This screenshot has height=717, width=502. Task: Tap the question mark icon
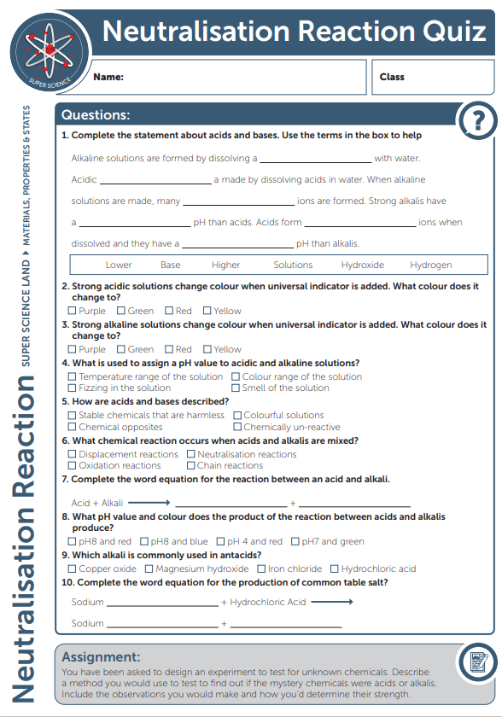coord(476,121)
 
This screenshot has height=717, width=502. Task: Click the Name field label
coord(108,77)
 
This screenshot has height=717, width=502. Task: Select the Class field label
coord(392,77)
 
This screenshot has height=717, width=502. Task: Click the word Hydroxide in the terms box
coord(362,265)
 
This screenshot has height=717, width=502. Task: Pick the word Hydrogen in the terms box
coord(430,265)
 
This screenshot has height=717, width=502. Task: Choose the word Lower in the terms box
coord(119,265)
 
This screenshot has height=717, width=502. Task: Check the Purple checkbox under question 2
coord(73,311)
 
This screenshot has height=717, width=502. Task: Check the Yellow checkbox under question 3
coord(207,349)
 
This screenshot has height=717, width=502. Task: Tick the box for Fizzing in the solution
coord(73,388)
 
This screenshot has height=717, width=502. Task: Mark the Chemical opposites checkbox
coord(73,427)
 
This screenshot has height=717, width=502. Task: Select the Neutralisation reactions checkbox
coord(191,454)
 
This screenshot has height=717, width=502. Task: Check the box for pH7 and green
coord(295,541)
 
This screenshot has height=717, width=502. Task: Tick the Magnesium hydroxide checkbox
coord(149,568)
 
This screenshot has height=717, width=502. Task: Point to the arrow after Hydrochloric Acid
coord(332,602)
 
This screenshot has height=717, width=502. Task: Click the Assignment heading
coord(101,657)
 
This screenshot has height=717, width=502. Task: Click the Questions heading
coord(96,115)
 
